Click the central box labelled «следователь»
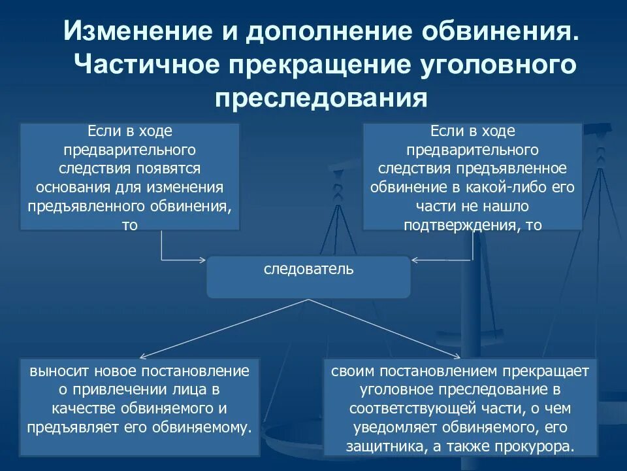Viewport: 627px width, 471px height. click(x=309, y=270)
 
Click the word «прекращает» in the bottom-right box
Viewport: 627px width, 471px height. click(x=545, y=372)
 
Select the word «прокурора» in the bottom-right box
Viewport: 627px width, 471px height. click(x=538, y=447)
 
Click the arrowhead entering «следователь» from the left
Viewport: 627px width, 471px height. click(x=202, y=260)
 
